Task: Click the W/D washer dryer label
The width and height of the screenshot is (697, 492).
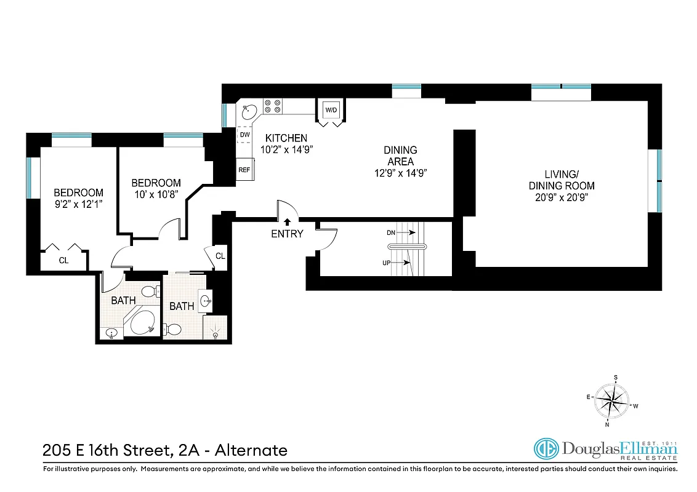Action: coord(331,110)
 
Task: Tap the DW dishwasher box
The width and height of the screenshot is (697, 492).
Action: coord(244,135)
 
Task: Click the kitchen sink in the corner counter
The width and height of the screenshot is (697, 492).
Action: coord(249,112)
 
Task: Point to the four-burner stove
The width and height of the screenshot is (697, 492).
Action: coord(273,106)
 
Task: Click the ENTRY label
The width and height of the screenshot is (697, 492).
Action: coord(287,234)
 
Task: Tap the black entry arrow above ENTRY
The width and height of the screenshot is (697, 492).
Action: coord(287,221)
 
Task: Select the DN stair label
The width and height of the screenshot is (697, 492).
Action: coord(391,232)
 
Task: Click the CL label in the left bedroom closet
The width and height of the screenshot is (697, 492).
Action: coord(63,260)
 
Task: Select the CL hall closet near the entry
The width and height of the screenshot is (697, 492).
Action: coord(220,256)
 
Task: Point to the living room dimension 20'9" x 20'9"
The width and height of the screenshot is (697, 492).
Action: coord(562,197)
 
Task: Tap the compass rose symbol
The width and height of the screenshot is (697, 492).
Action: coord(613,400)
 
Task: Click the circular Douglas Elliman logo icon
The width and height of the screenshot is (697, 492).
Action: coord(545,449)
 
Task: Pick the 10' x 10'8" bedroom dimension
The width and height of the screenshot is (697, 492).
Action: coord(156,194)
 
